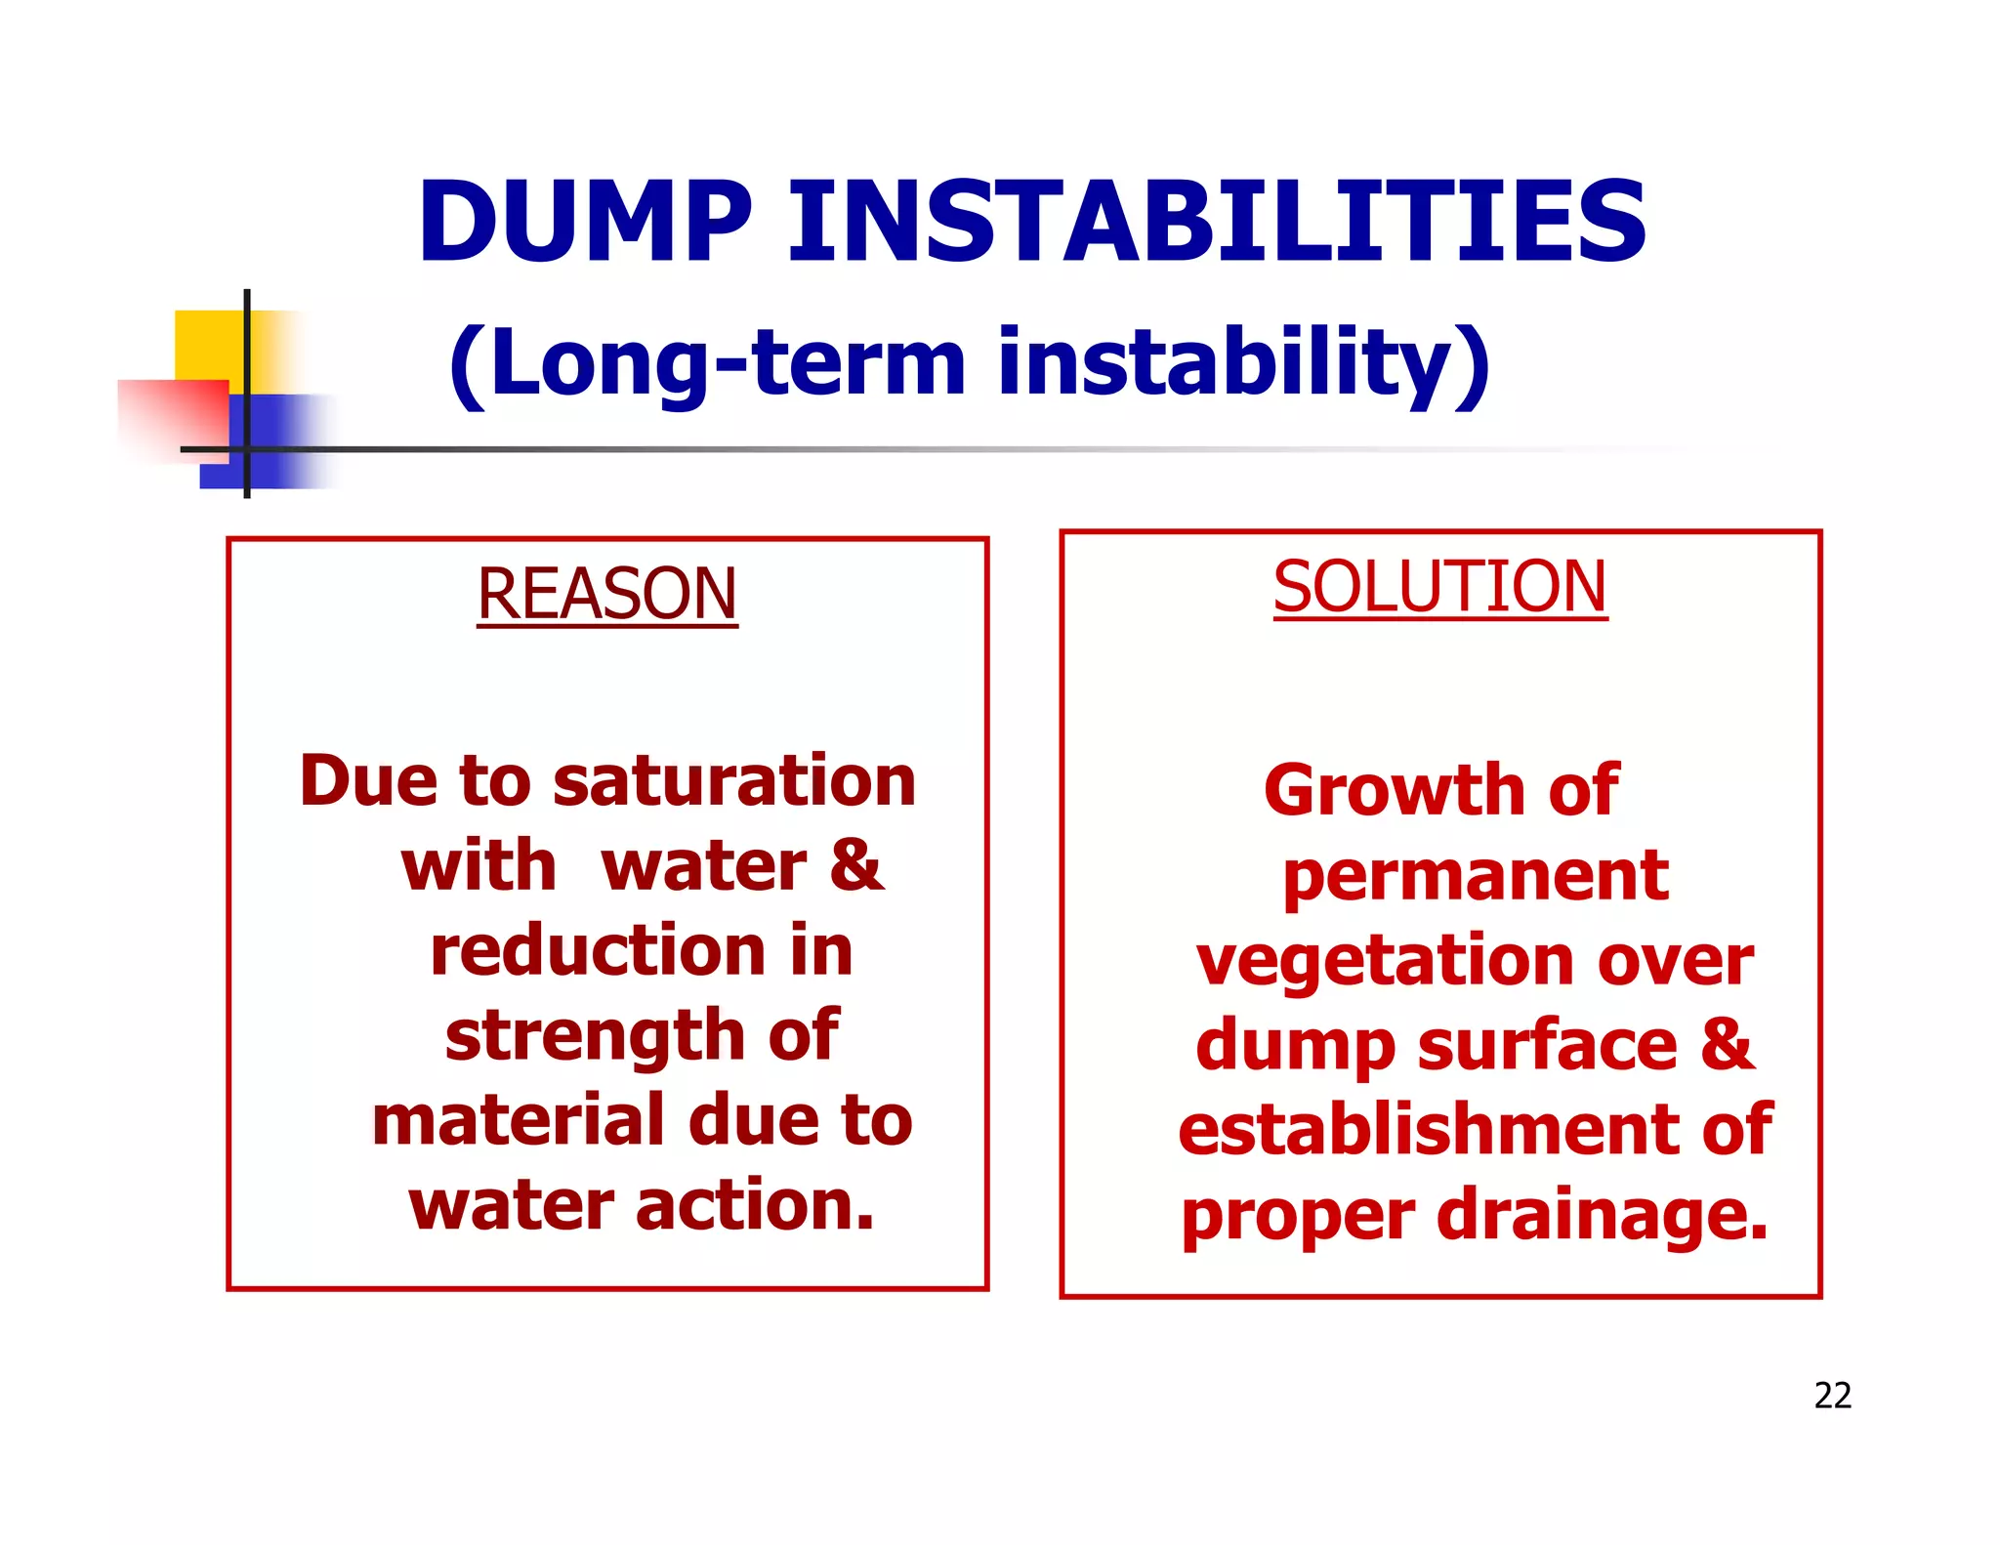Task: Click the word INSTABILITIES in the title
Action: [x=1217, y=223]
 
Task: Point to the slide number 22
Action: [x=1832, y=1396]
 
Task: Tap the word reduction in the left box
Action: [x=599, y=951]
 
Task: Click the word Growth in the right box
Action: [x=1394, y=790]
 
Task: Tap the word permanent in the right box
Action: [x=1475, y=876]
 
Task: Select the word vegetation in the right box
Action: [x=1384, y=963]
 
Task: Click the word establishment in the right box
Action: [x=1428, y=1130]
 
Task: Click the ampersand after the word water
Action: [x=856, y=865]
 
